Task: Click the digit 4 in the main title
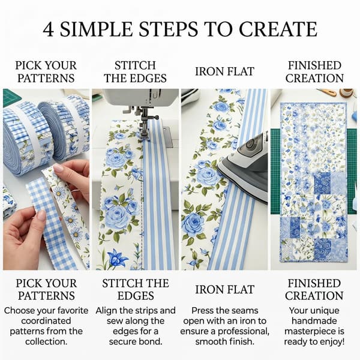pos(49,29)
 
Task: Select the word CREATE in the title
pos(278,29)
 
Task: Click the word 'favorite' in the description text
pos(73,311)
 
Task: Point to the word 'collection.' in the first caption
pos(46,341)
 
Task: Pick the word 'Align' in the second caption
pos(106,311)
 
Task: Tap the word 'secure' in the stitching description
pos(122,342)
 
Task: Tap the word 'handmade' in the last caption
pos(314,321)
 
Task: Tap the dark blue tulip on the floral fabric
pos(118,259)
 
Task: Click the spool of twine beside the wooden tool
pos(347,93)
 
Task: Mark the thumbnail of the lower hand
pos(42,215)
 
